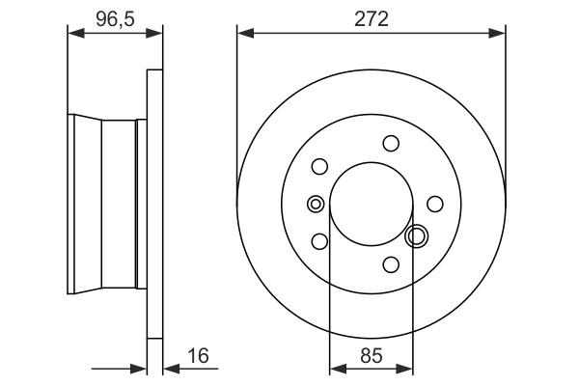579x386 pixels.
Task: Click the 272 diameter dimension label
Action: pyautogui.click(x=371, y=19)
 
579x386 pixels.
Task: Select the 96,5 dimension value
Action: pyautogui.click(x=114, y=17)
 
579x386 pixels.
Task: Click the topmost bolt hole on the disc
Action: pyautogui.click(x=391, y=144)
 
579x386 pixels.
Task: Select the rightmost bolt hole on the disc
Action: pyautogui.click(x=434, y=204)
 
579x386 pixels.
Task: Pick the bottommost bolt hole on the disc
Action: pyautogui.click(x=391, y=263)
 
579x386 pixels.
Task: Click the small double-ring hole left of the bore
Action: pyautogui.click(x=315, y=204)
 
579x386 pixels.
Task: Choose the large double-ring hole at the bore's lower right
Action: pyautogui.click(x=417, y=235)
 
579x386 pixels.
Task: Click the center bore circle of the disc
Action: pyautogui.click(x=372, y=204)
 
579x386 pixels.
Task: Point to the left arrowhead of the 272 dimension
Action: pyautogui.click(x=243, y=33)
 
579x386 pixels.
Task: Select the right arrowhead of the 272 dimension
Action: pyautogui.click(x=499, y=33)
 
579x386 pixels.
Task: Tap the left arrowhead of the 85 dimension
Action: pyautogui.click(x=336, y=368)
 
